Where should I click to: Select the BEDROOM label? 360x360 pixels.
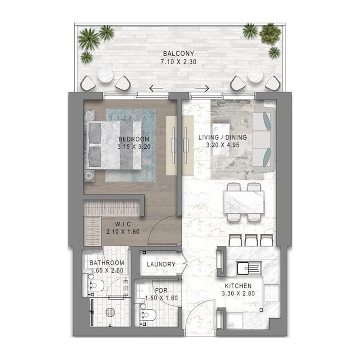pyautogui.click(x=134, y=139)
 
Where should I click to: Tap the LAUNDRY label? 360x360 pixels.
pyautogui.click(x=161, y=264)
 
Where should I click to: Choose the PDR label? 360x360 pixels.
pyautogui.click(x=161, y=291)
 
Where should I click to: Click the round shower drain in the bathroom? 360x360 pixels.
pyautogui.click(x=110, y=311)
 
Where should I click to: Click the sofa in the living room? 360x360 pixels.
pyautogui.click(x=265, y=139)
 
